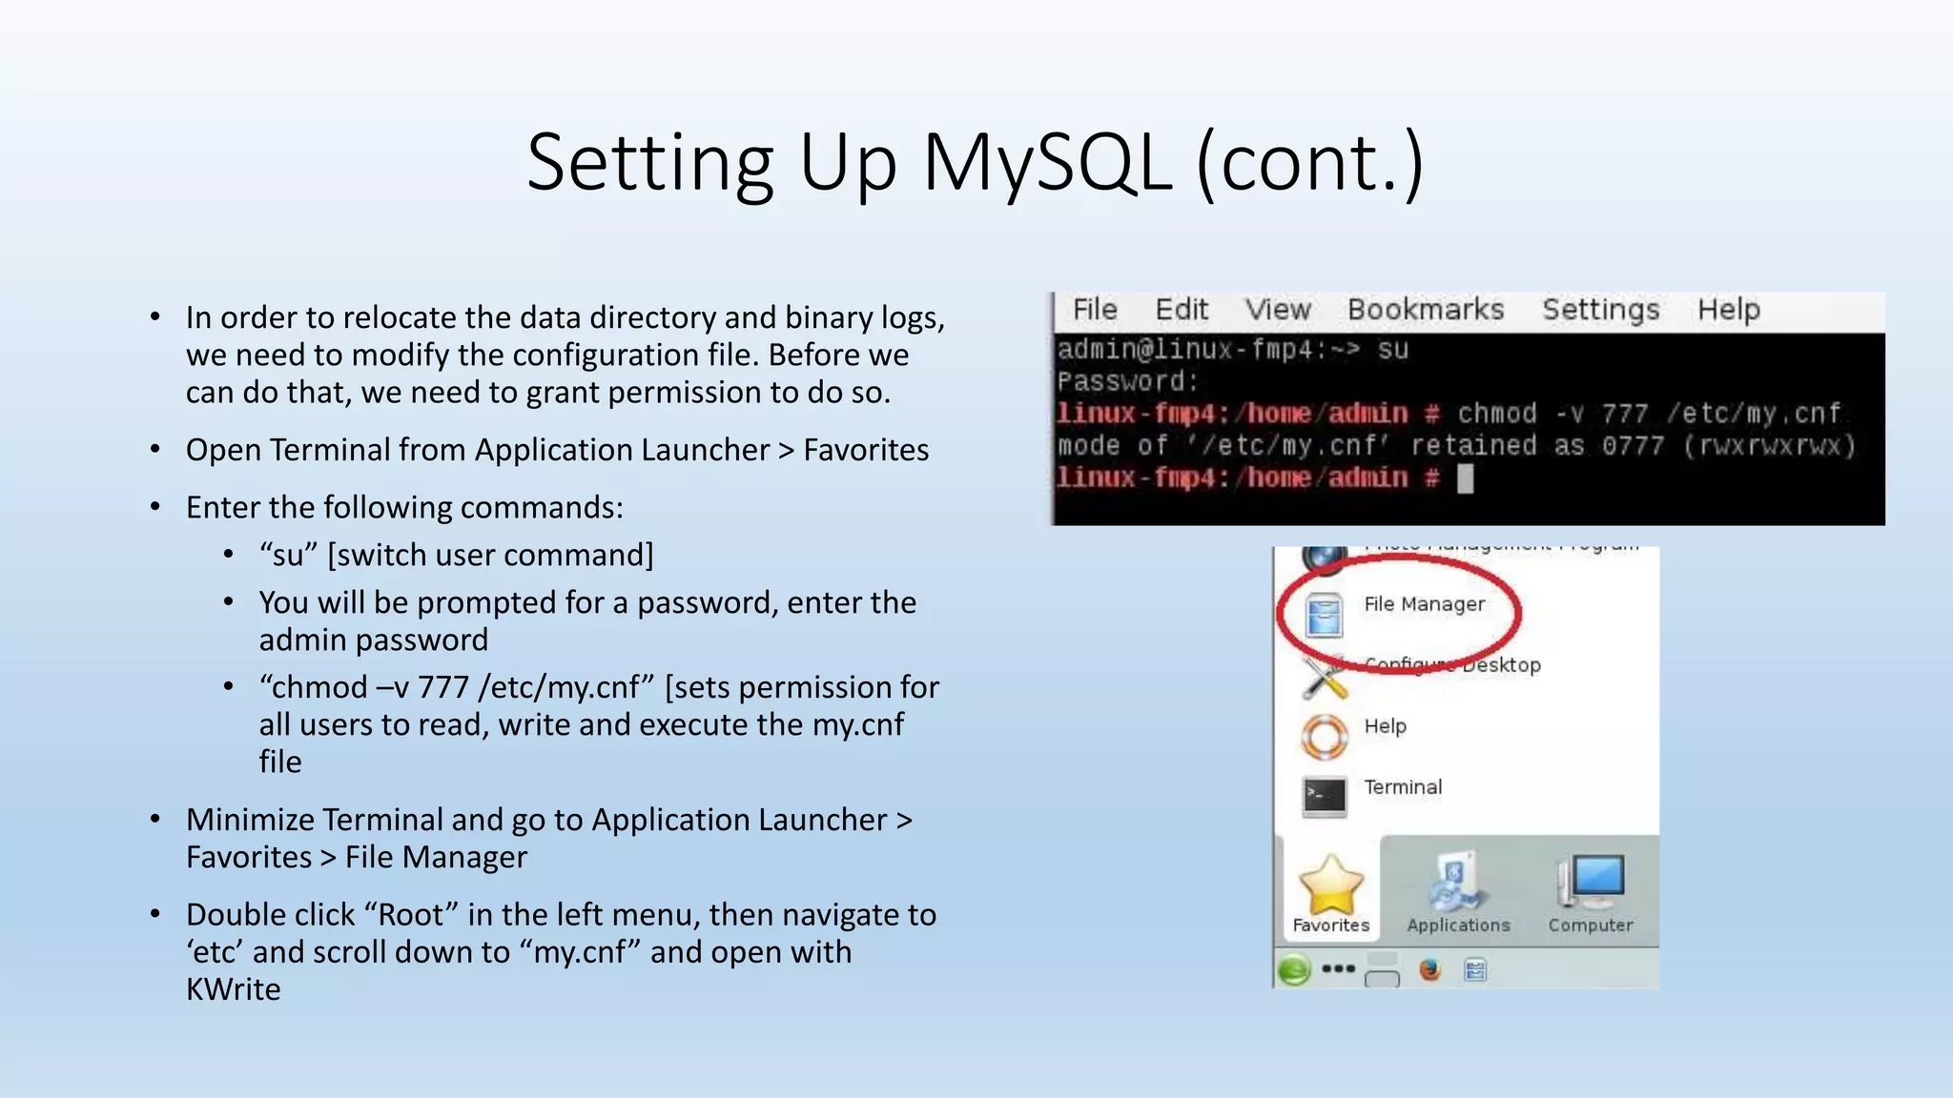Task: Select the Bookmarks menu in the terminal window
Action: click(x=1425, y=310)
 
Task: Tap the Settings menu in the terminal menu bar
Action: click(x=1600, y=310)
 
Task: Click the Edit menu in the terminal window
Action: click(x=1182, y=310)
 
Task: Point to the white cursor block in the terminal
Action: click(x=1466, y=478)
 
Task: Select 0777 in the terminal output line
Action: click(x=1633, y=446)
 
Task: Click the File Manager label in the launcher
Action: click(x=1424, y=604)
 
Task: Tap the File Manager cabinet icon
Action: click(x=1325, y=615)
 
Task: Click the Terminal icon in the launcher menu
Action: click(x=1325, y=795)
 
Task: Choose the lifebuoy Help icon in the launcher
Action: click(x=1325, y=736)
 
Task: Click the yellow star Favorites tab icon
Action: click(x=1330, y=884)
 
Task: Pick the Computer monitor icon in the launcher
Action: click(x=1590, y=882)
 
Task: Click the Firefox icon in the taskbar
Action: click(x=1429, y=970)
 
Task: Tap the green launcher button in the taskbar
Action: click(x=1294, y=970)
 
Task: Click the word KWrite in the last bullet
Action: click(x=234, y=989)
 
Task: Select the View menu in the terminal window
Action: click(x=1278, y=310)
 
